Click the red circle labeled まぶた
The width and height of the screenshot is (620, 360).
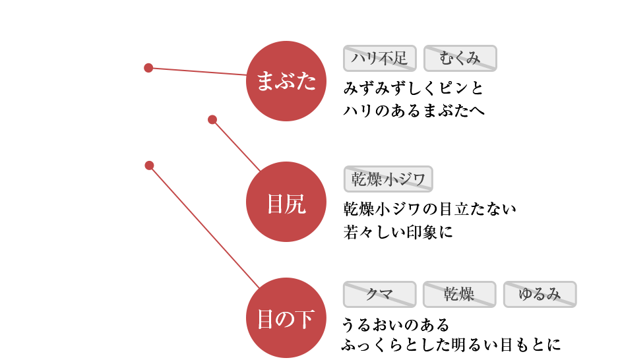286,81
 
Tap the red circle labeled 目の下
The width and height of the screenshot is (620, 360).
286,320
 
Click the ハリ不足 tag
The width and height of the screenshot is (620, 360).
379,59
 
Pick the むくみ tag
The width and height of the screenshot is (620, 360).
460,59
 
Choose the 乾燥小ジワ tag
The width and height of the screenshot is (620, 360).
388,179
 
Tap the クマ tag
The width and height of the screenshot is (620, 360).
379,294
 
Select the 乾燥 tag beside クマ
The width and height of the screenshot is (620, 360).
458,294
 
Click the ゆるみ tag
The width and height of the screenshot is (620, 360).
540,294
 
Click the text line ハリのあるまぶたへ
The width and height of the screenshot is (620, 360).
414,110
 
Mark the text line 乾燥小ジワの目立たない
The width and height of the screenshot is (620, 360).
429,210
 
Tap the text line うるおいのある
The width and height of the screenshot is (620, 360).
395,324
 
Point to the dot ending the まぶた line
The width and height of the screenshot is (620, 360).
148,67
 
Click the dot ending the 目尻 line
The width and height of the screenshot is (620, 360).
212,119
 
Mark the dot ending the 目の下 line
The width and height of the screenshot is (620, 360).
149,165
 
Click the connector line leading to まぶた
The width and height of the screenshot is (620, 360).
198,71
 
